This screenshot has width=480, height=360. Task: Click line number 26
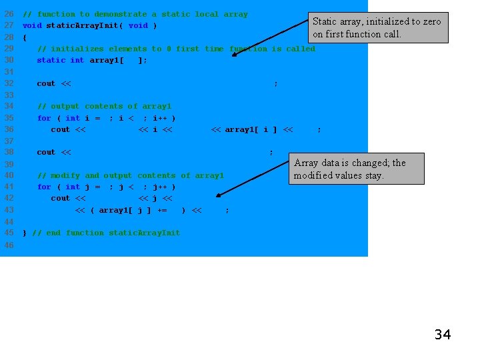click(x=9, y=14)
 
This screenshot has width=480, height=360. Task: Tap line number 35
click(x=9, y=118)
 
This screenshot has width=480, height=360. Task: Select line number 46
click(x=9, y=245)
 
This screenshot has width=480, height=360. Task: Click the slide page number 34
click(x=443, y=335)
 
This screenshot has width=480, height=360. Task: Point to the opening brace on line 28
click(x=25, y=37)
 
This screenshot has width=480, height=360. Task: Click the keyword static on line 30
click(x=51, y=60)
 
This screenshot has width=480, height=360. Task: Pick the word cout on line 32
click(x=46, y=83)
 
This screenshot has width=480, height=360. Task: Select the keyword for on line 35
click(x=44, y=118)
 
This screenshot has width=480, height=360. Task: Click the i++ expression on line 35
click(x=160, y=118)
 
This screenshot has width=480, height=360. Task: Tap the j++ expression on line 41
click(x=160, y=187)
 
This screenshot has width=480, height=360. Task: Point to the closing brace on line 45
click(x=25, y=233)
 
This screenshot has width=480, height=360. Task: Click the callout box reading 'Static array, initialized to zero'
click(x=377, y=27)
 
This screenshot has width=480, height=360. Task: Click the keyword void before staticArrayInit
click(x=32, y=25)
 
